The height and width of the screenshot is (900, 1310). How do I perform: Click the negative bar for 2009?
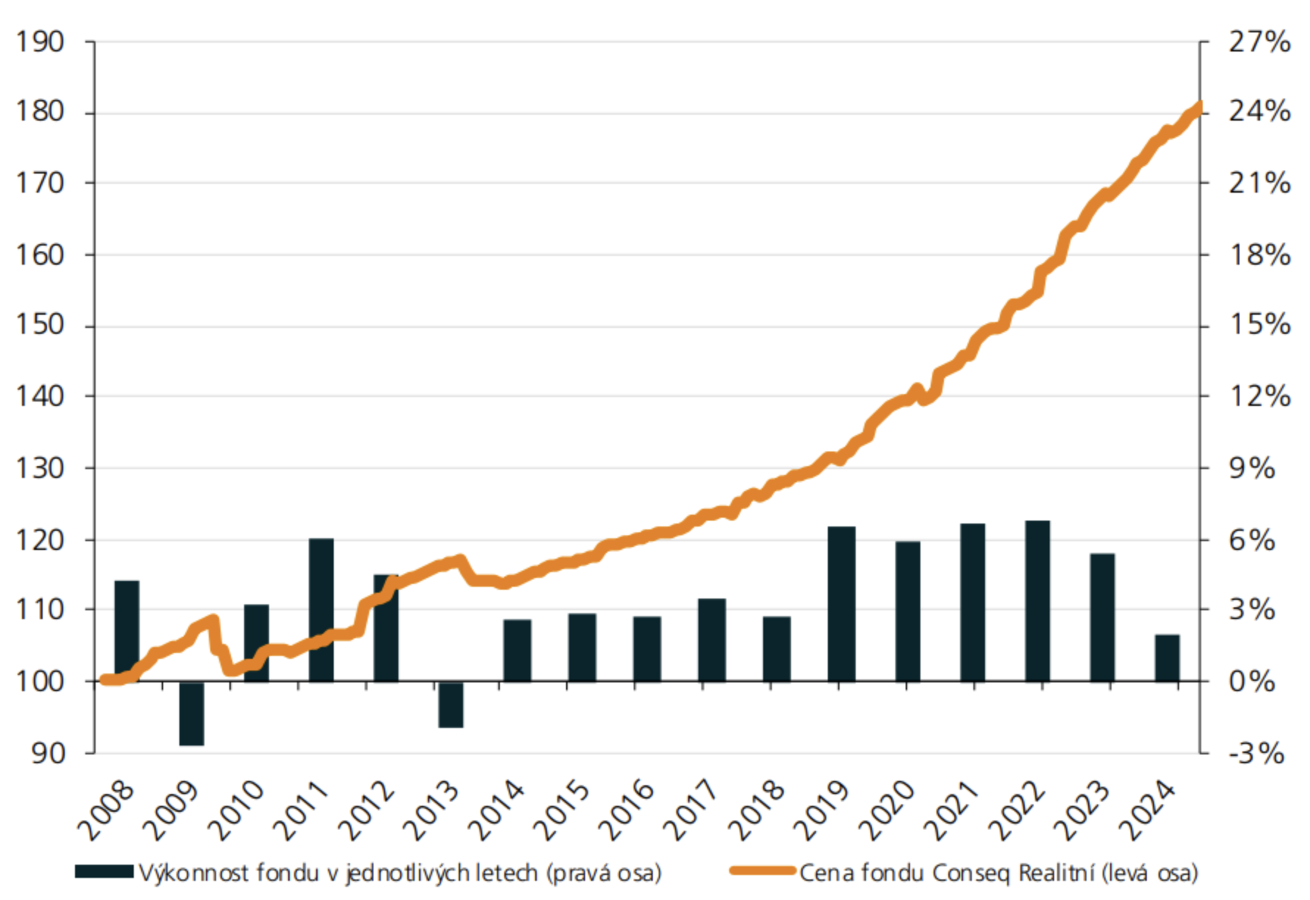[192, 713]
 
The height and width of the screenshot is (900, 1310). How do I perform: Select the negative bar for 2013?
[451, 704]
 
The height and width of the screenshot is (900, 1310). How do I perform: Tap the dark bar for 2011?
[321, 610]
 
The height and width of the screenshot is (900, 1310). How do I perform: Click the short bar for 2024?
[1167, 658]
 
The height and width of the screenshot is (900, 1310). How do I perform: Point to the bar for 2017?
[712, 640]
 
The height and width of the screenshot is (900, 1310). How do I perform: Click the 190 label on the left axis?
[40, 42]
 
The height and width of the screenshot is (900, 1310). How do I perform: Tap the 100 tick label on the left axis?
[40, 681]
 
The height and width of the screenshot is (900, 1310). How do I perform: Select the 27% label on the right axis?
[1259, 42]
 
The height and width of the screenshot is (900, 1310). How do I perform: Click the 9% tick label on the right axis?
[1252, 468]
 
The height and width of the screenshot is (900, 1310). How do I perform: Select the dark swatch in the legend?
[104, 872]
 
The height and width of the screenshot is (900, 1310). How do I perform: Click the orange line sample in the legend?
[762, 872]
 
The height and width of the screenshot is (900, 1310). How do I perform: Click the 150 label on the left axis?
[40, 325]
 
